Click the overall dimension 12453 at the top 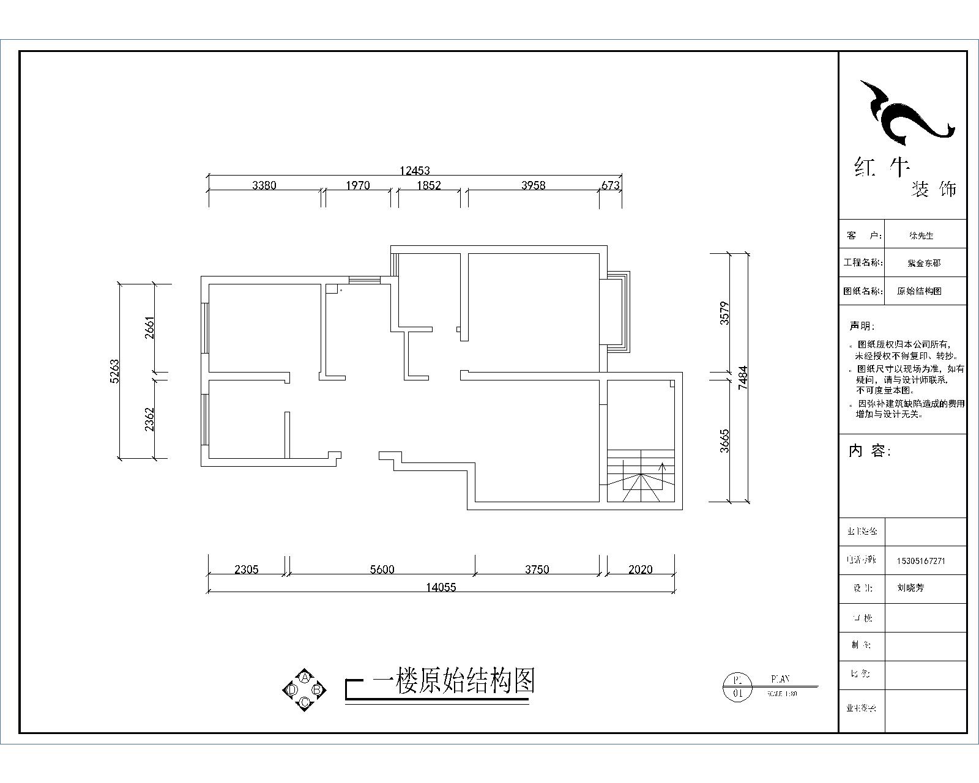point(415,171)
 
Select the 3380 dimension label point(264,185)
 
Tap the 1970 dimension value point(357,185)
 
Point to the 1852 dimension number point(428,185)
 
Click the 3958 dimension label point(533,185)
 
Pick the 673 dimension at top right point(611,185)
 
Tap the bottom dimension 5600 point(382,570)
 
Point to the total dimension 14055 point(441,587)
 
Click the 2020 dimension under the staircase point(641,570)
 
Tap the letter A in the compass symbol point(304,678)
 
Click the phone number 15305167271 point(921,560)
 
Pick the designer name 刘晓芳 point(910,588)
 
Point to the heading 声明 point(862,327)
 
